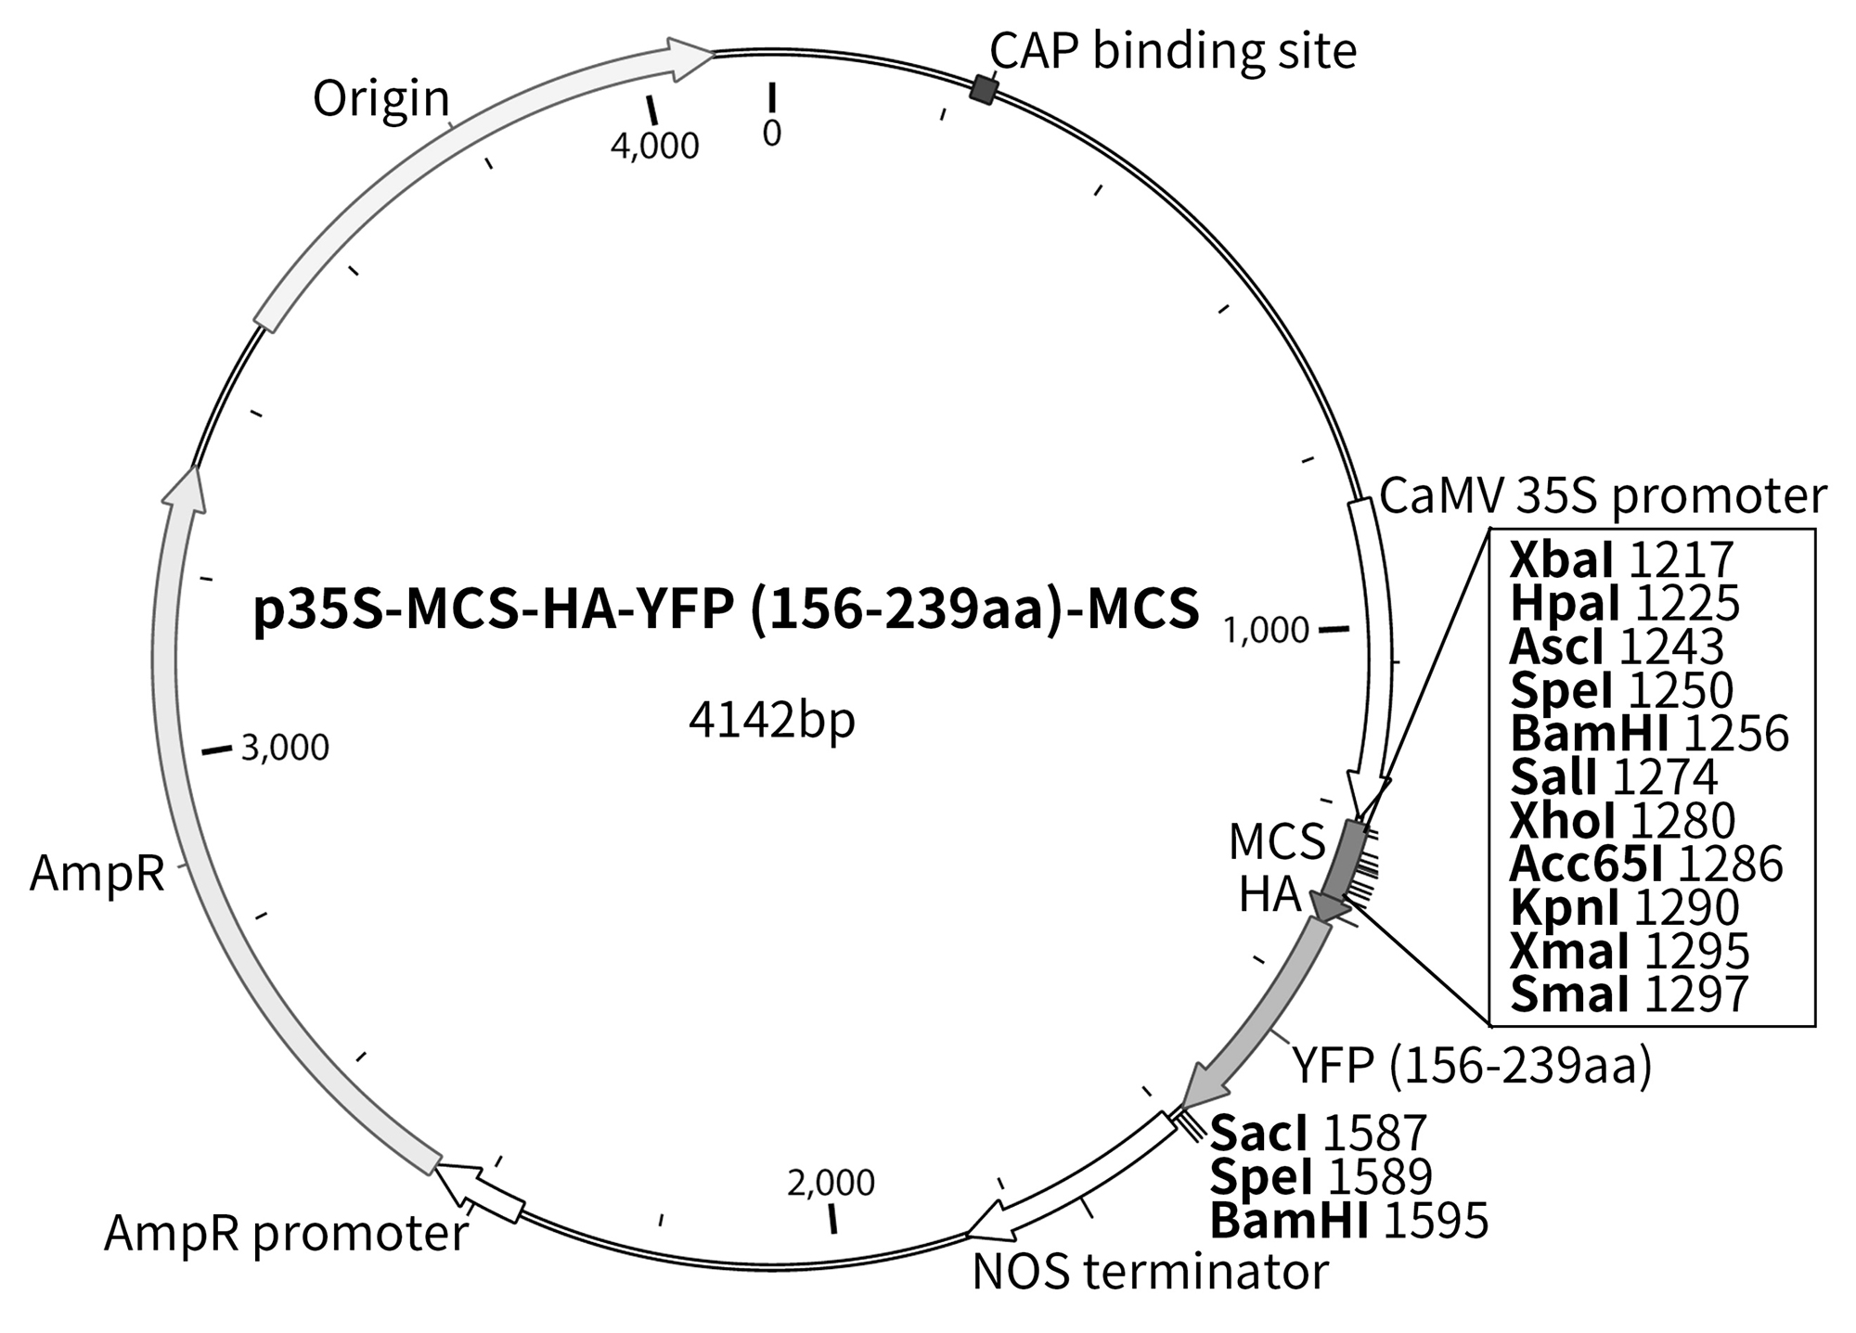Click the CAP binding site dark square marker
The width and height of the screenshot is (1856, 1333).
click(x=984, y=90)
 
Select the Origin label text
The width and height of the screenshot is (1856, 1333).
click(x=380, y=98)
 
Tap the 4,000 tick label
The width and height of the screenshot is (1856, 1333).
click(x=654, y=146)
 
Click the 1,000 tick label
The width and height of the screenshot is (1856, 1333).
click(x=1266, y=632)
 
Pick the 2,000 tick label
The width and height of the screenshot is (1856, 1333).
click(x=831, y=1184)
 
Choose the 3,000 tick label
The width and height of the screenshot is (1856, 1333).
click(x=285, y=748)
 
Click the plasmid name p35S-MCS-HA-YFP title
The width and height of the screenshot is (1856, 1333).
click(x=726, y=611)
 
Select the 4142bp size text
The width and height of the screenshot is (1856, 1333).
click(x=771, y=721)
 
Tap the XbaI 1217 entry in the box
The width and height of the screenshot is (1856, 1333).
click(x=1621, y=560)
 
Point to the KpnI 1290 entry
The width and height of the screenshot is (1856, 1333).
click(x=1624, y=907)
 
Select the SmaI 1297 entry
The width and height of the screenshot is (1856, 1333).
click(x=1629, y=993)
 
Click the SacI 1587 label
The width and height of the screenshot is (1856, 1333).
click(x=1318, y=1134)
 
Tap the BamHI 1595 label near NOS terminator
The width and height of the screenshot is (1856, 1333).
click(x=1349, y=1221)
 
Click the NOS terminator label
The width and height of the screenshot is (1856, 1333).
click(x=1150, y=1273)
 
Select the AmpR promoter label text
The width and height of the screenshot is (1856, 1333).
click(x=286, y=1234)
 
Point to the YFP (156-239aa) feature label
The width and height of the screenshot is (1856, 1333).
click(x=1473, y=1067)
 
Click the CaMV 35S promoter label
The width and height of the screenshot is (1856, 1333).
click(x=1603, y=496)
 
